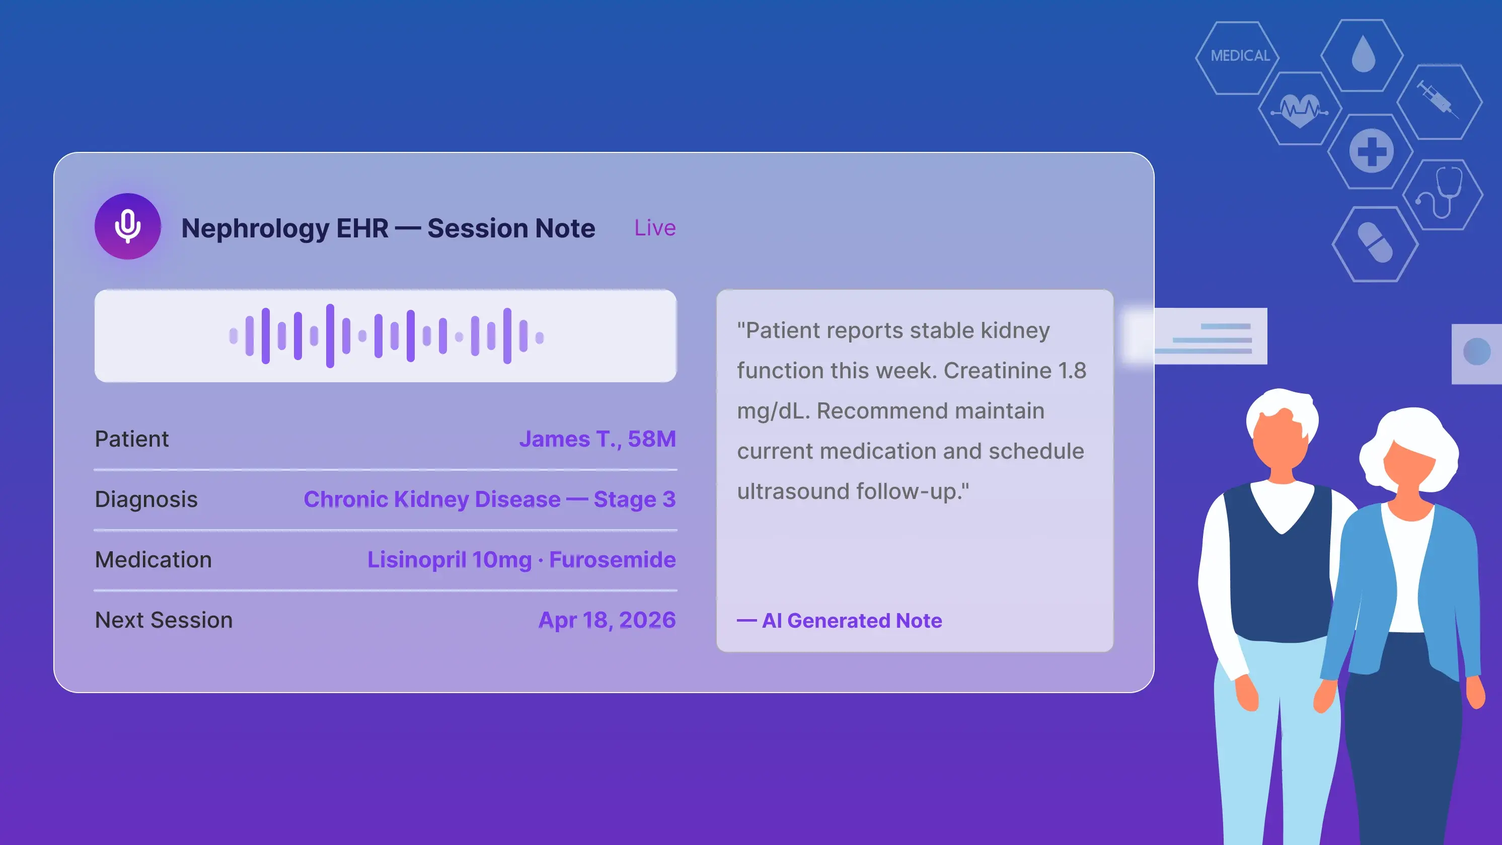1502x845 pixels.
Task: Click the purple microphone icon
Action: click(x=128, y=226)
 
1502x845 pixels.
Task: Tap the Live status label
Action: click(x=655, y=228)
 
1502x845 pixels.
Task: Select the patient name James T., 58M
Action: click(x=597, y=439)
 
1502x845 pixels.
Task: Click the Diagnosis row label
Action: click(x=146, y=499)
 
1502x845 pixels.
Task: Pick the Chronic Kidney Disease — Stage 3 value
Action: click(x=490, y=499)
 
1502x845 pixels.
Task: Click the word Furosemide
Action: click(x=612, y=559)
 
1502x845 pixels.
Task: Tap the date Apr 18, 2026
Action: click(x=607, y=620)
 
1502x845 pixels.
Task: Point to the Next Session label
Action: click(x=164, y=620)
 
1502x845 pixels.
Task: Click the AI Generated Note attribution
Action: click(x=840, y=621)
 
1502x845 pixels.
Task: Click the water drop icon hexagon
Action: click(x=1362, y=55)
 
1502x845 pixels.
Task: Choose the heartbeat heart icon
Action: click(x=1300, y=110)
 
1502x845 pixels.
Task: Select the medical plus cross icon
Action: click(x=1372, y=151)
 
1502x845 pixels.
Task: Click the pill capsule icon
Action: click(x=1375, y=243)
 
